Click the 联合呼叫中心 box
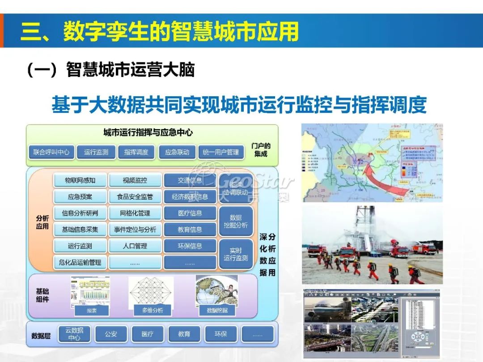click(51, 152)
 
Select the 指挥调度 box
click(136, 152)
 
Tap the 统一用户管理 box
click(221, 152)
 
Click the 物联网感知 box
click(80, 180)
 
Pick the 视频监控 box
click(135, 180)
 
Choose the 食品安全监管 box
click(135, 196)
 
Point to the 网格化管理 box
click(135, 213)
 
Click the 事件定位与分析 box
click(135, 230)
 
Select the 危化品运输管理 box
click(80, 262)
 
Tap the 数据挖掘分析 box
click(236, 221)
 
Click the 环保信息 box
click(190, 246)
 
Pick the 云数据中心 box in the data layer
click(74, 334)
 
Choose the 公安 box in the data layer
click(111, 334)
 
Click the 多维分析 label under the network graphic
click(153, 310)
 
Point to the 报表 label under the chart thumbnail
click(91, 310)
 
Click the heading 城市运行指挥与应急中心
click(148, 132)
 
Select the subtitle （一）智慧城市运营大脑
click(111, 70)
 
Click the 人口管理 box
click(135, 246)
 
